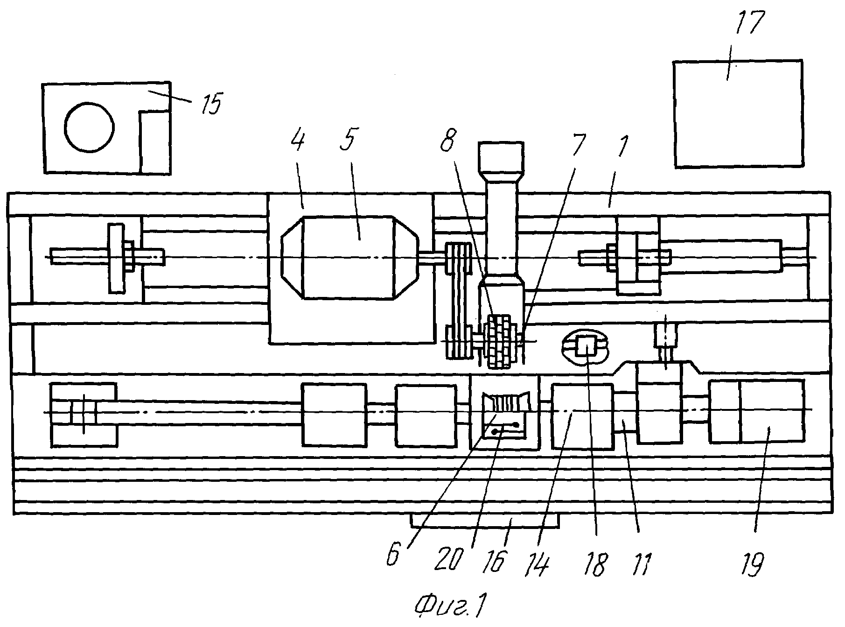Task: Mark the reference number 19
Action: click(754, 560)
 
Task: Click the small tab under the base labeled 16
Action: click(484, 521)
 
